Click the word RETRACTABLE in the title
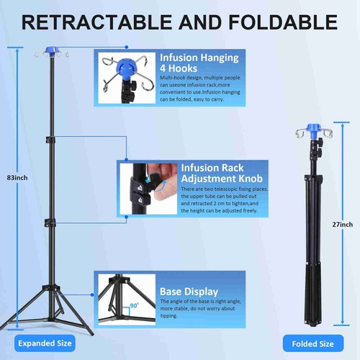[96, 22]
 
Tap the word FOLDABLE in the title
[283, 22]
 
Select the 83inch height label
[17, 178]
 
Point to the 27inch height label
[343, 225]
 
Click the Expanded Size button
[45, 343]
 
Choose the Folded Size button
[313, 344]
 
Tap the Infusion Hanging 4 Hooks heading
[199, 63]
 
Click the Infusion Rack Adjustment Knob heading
[222, 173]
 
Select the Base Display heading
[189, 292]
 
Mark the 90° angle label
[135, 305]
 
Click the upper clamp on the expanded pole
[51, 140]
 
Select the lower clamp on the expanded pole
[50, 223]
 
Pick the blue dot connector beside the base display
[92, 294]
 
